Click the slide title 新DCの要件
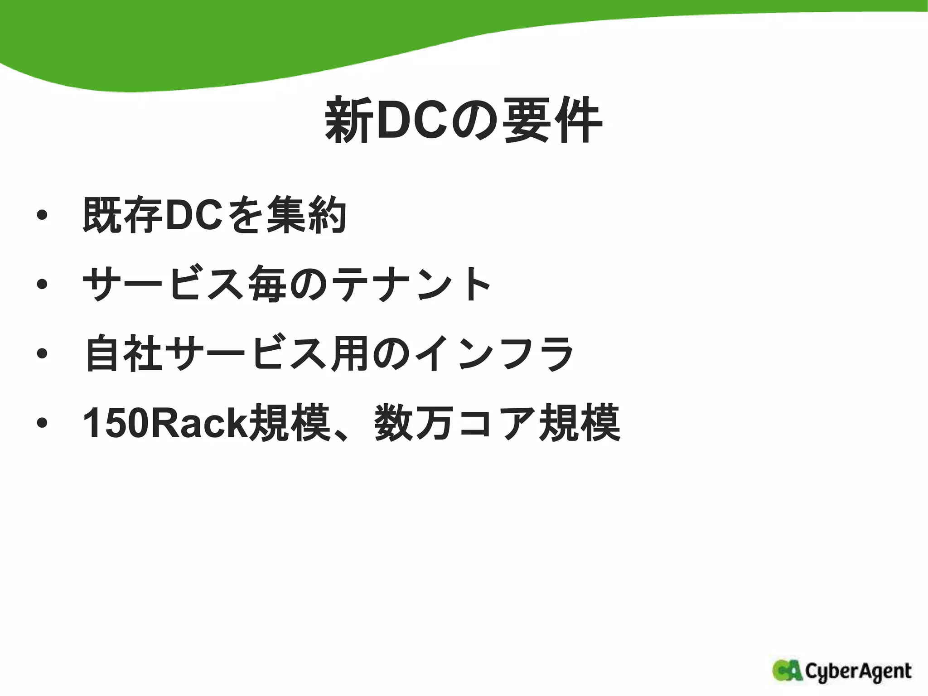(463, 121)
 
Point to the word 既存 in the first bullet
(122, 215)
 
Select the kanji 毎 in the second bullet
(267, 284)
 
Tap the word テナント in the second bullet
(411, 284)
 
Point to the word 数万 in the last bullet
(413, 423)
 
